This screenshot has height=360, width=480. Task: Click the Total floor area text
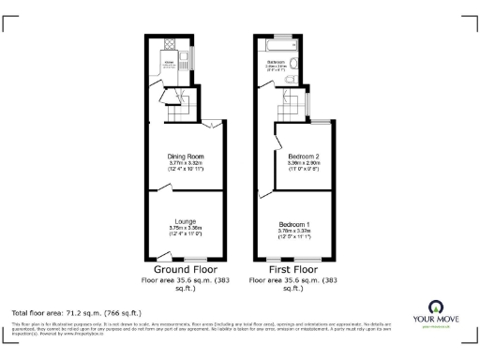pos(63,311)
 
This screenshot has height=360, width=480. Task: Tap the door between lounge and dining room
pos(162,188)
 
